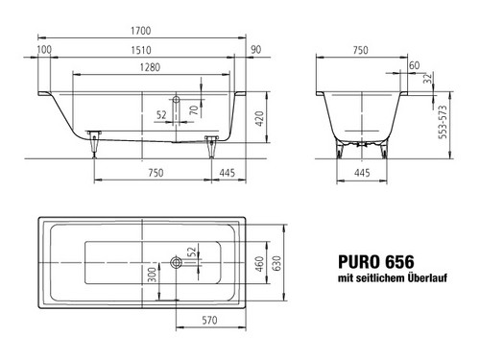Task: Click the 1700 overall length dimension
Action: click(x=141, y=31)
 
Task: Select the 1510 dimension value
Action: click(x=141, y=50)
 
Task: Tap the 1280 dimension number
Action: click(x=150, y=67)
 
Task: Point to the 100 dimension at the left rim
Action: click(x=44, y=50)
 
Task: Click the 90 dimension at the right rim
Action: click(x=255, y=50)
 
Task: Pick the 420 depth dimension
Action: click(x=259, y=118)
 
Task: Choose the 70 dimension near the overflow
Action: click(x=194, y=110)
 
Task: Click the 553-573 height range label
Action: click(x=443, y=122)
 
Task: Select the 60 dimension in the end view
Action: click(x=414, y=65)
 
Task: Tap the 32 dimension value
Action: click(x=427, y=78)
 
